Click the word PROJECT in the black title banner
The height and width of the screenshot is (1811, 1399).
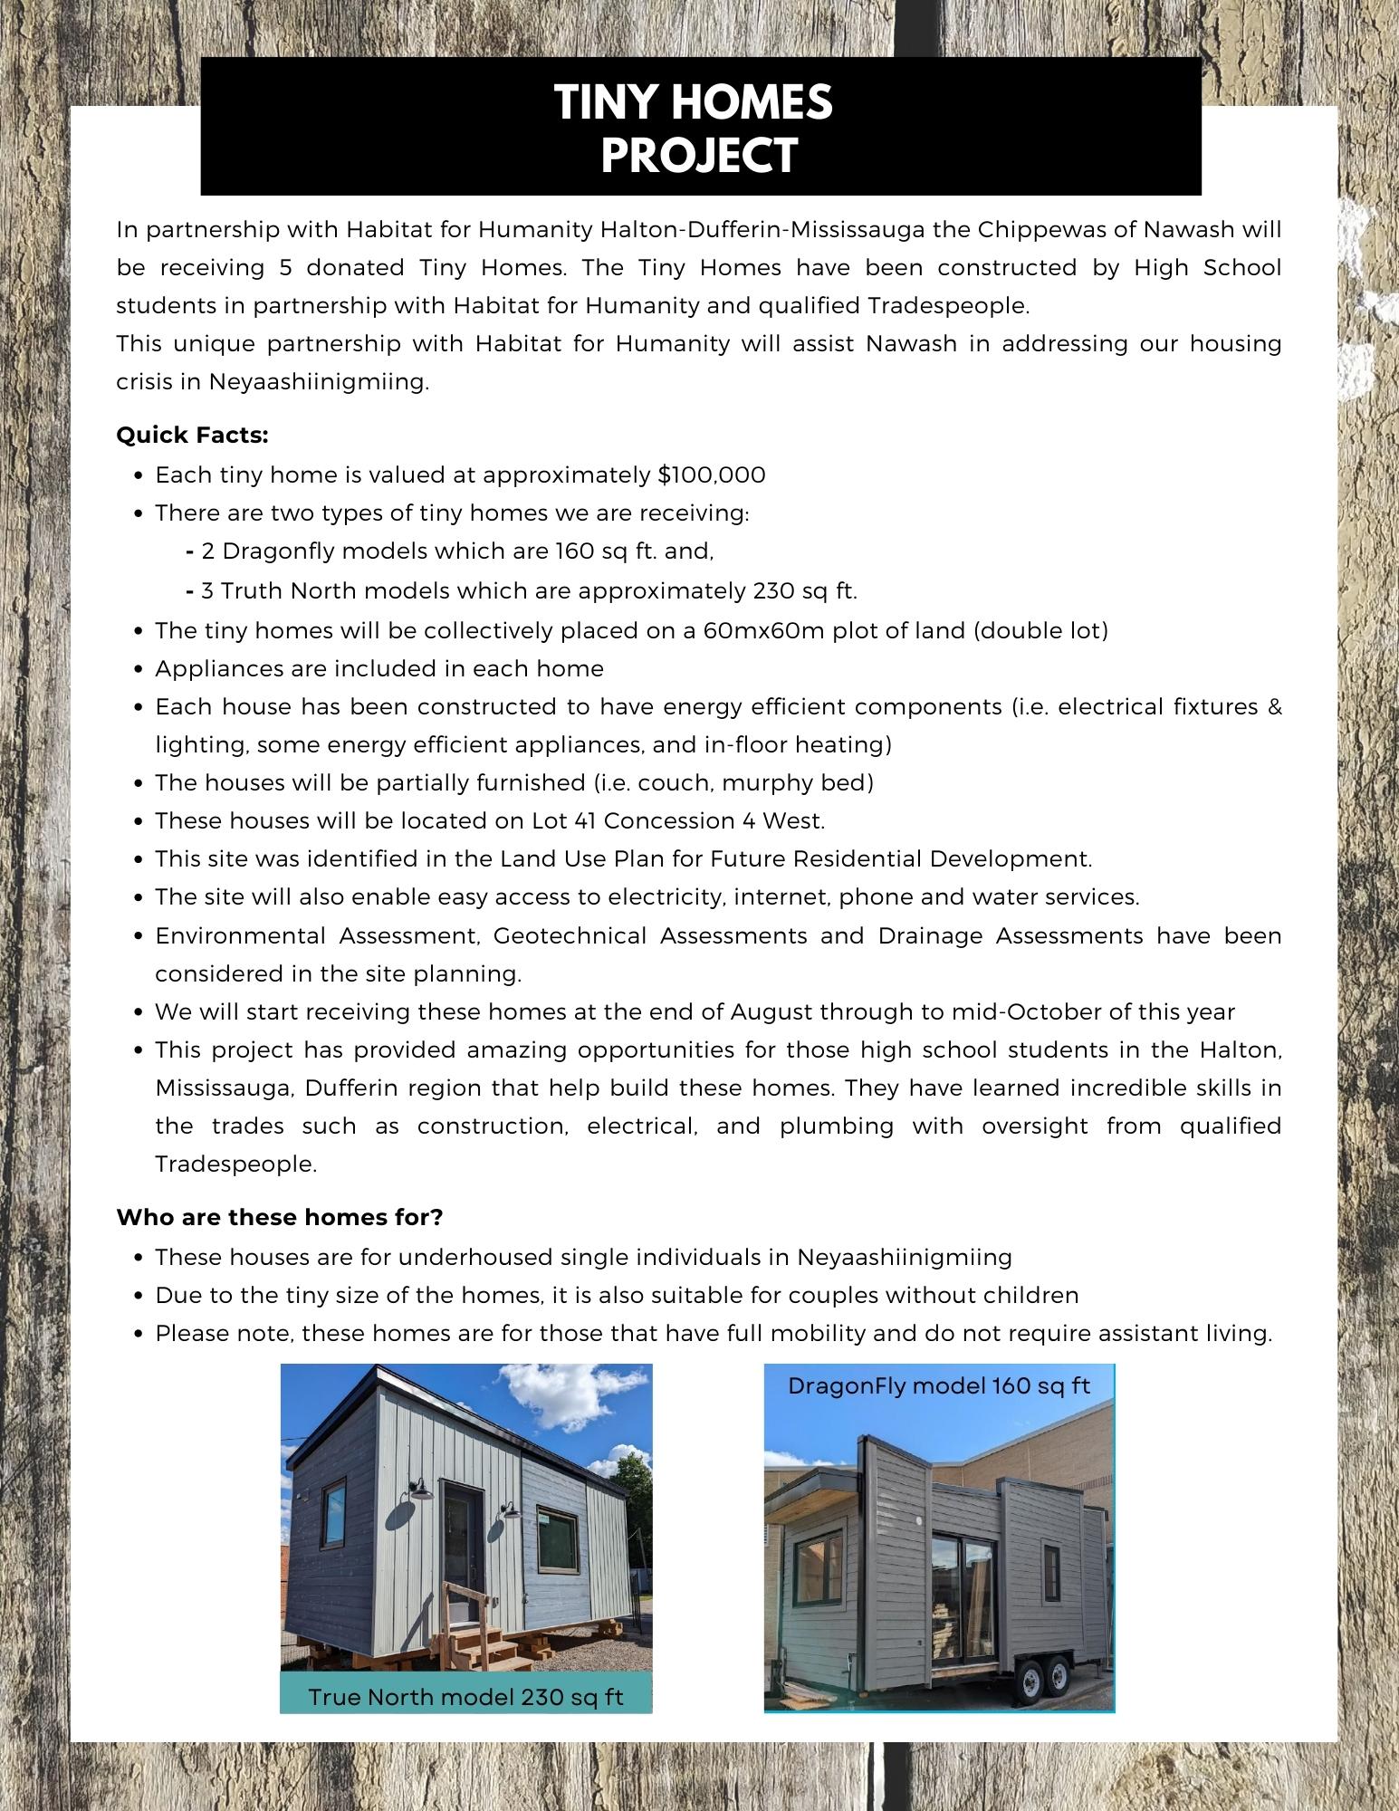coord(699,155)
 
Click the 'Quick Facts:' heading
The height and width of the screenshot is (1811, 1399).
coord(193,436)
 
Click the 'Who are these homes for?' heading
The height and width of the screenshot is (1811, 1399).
coord(280,1217)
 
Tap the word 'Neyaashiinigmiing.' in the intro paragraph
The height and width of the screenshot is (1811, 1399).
coord(319,382)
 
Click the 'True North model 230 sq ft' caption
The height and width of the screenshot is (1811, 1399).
coord(465,1696)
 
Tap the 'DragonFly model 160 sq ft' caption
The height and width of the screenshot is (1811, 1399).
coord(939,1386)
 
